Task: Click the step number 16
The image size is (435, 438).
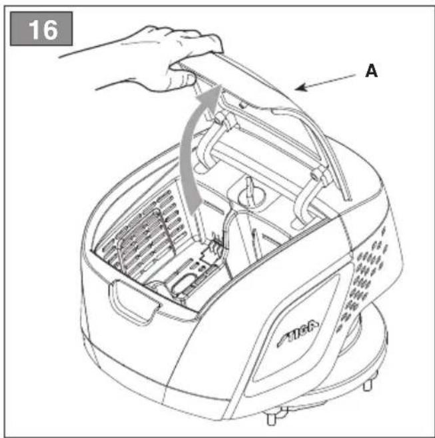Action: [x=43, y=29]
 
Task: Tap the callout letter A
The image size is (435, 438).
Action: [x=371, y=71]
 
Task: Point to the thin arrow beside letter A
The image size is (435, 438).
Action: [x=325, y=83]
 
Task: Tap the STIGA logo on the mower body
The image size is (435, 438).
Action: [x=298, y=333]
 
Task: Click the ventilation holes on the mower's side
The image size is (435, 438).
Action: [x=363, y=279]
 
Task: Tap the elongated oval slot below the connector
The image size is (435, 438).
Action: [x=183, y=284]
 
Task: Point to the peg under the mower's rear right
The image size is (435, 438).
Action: [x=368, y=385]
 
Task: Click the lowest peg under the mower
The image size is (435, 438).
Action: [x=271, y=419]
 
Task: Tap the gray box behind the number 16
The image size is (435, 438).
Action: [x=41, y=29]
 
